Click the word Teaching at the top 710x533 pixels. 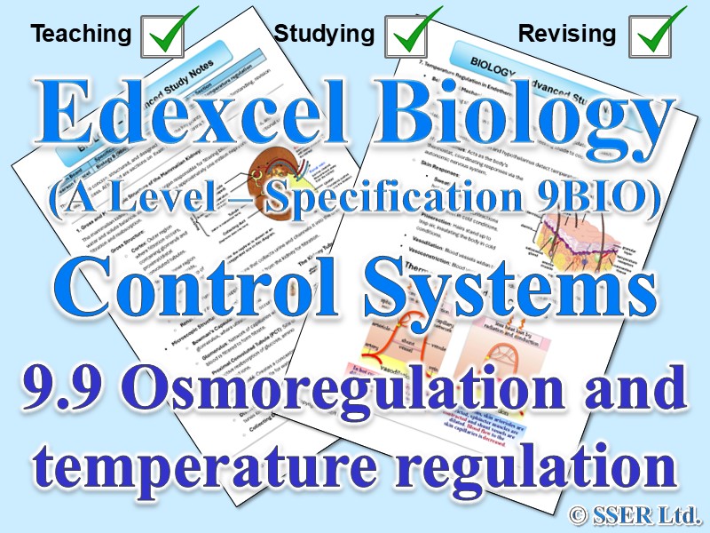pos(81,34)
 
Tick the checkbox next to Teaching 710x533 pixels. pos(168,34)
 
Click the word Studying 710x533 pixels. pos(324,34)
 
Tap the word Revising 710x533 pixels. pos(566,34)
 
